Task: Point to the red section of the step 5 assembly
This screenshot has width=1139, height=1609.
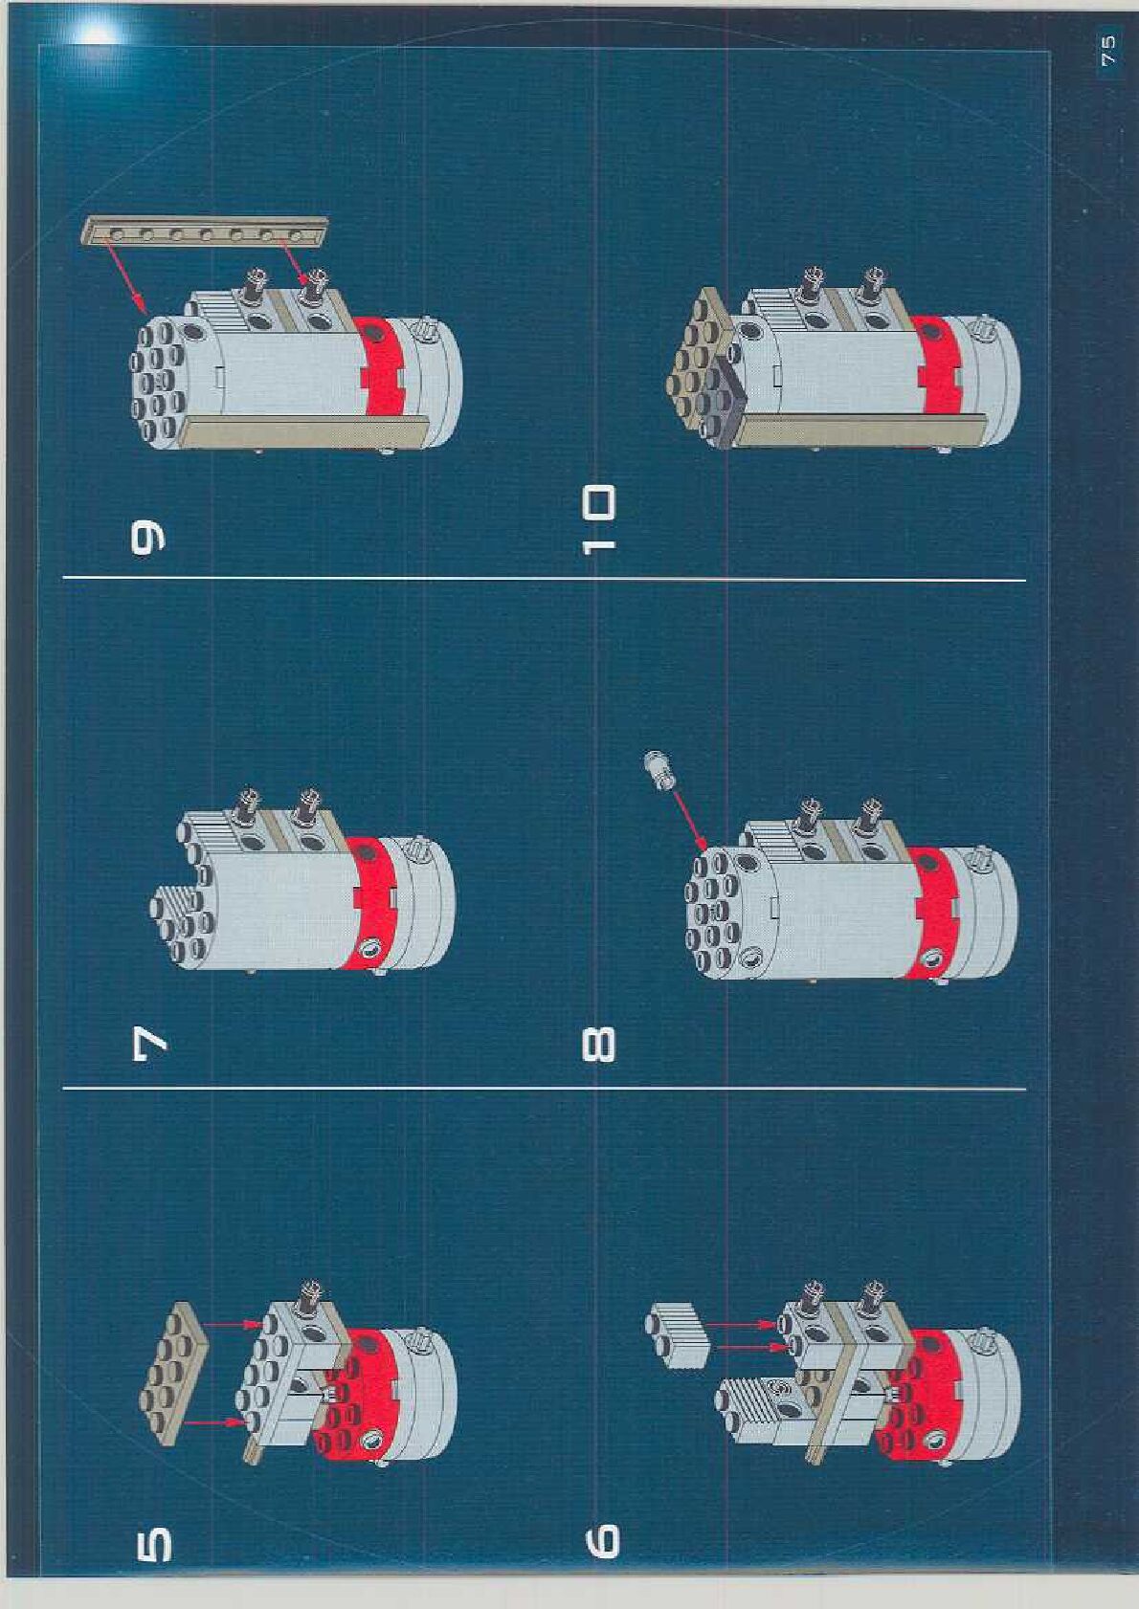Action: click(x=364, y=1397)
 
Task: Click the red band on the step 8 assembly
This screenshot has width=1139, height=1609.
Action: click(x=933, y=914)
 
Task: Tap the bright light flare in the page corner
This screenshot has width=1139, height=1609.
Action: click(x=95, y=34)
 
